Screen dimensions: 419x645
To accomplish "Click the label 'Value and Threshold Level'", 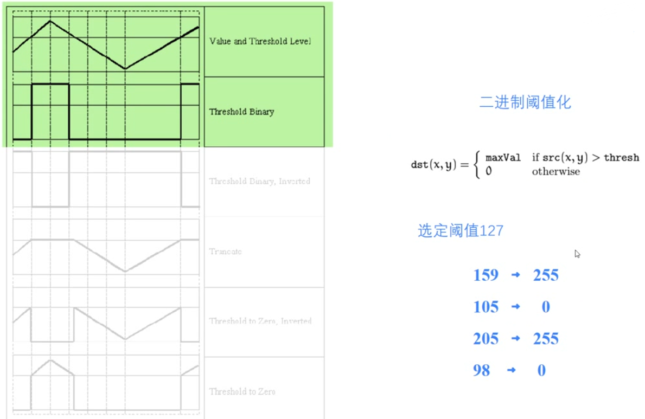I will tap(260, 41).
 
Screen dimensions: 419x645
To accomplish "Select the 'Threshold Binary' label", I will tap(241, 112).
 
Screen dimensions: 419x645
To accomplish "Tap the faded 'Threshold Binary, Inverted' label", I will tap(259, 181).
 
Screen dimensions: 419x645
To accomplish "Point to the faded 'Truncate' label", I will tap(225, 252).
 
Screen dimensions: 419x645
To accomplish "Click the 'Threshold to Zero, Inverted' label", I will tap(260, 321).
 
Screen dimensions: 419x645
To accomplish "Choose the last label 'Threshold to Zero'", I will tap(242, 391).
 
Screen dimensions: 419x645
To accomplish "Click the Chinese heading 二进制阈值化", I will tap(525, 102).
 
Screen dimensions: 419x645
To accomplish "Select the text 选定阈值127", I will tap(461, 231).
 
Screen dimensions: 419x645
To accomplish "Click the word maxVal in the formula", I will tap(503, 158).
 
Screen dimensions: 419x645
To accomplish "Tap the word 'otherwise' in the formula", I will tap(555, 172).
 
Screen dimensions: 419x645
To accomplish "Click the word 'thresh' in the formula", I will tap(621, 158).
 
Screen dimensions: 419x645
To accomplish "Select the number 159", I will tap(486, 275).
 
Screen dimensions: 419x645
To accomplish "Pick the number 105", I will tap(486, 307).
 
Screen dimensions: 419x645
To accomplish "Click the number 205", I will tap(486, 339).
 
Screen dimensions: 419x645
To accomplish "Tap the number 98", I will tap(481, 371).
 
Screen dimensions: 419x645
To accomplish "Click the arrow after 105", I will tap(516, 307).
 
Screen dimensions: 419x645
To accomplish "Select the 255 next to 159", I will tap(546, 275).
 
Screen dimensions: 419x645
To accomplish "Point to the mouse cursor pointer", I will tap(577, 253).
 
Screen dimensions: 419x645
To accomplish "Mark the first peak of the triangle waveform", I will tap(50, 21).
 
